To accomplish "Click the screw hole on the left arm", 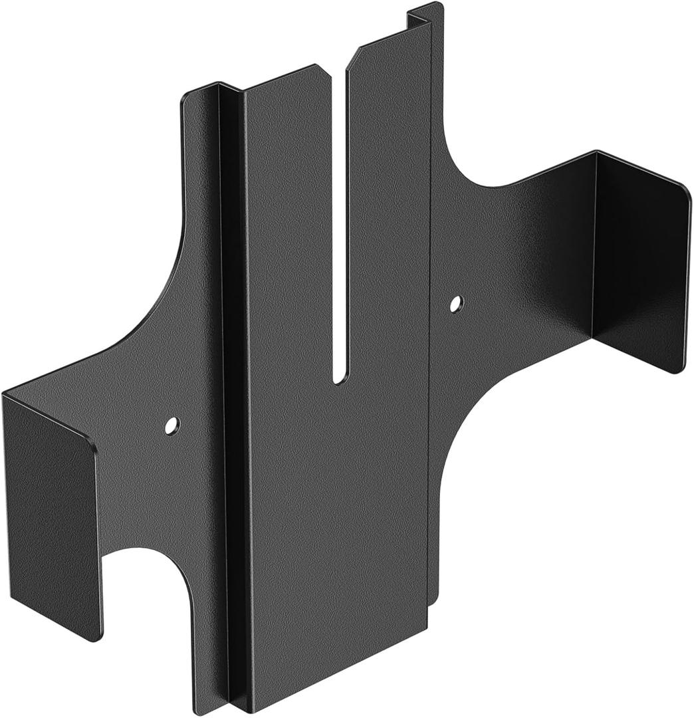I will click(x=172, y=425).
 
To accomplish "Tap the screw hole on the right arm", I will click(x=455, y=304).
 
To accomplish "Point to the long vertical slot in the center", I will click(x=339, y=219).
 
